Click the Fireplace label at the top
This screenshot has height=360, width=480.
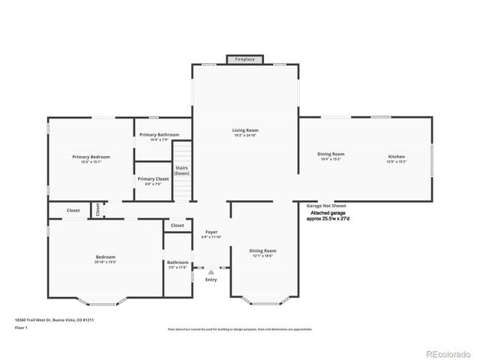[244, 58]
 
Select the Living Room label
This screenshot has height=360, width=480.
[245, 130]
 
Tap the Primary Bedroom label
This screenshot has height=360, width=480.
[91, 157]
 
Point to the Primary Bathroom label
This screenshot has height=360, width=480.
[159, 134]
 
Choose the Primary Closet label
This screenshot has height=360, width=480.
[152, 178]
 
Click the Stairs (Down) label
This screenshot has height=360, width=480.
[182, 170]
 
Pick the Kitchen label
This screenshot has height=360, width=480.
[396, 156]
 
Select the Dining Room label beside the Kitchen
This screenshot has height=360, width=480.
[331, 154]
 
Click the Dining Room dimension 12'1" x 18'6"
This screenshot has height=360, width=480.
[262, 256]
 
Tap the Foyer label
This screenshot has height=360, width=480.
[211, 232]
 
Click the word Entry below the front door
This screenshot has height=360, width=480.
[211, 280]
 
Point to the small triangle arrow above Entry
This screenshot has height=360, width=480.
[211, 271]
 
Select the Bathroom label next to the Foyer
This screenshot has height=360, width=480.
[177, 262]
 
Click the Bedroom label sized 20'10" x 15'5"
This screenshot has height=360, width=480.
[105, 257]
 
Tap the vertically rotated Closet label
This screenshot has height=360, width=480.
[97, 209]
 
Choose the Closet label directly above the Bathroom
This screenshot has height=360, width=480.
[177, 225]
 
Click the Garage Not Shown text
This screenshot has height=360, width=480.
[326, 205]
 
